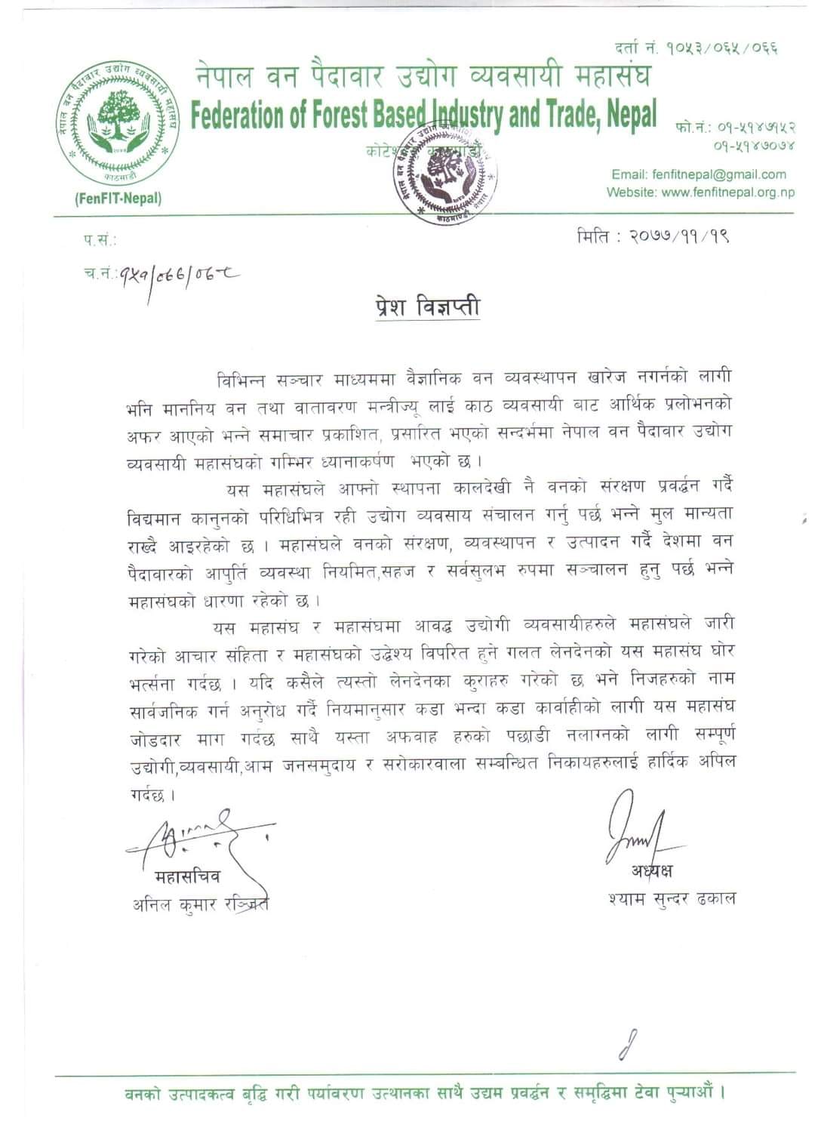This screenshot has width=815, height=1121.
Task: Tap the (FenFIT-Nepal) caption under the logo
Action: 118,199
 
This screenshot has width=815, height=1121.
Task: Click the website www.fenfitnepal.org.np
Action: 727,192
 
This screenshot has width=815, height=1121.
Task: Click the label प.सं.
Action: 100,241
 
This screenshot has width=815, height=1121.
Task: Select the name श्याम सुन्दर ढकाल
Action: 671,898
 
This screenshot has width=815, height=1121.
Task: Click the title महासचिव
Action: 187,877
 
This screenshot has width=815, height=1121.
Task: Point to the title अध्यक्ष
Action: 652,871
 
